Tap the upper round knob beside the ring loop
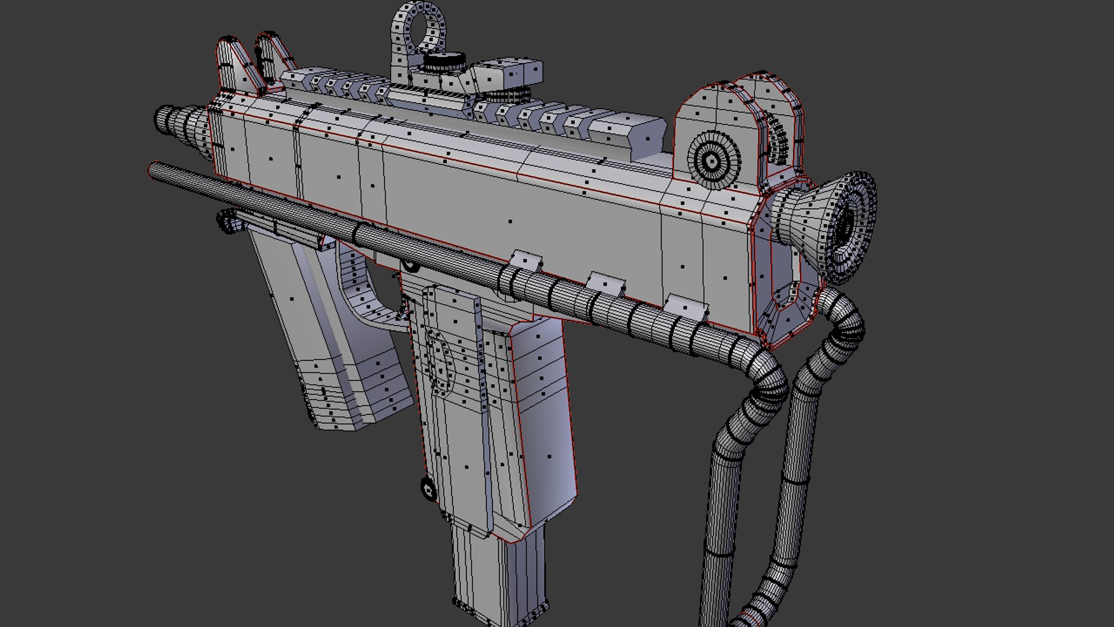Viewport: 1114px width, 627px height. click(x=444, y=62)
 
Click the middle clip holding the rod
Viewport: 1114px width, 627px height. click(x=605, y=283)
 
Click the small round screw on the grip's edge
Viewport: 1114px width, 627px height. click(x=428, y=489)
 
